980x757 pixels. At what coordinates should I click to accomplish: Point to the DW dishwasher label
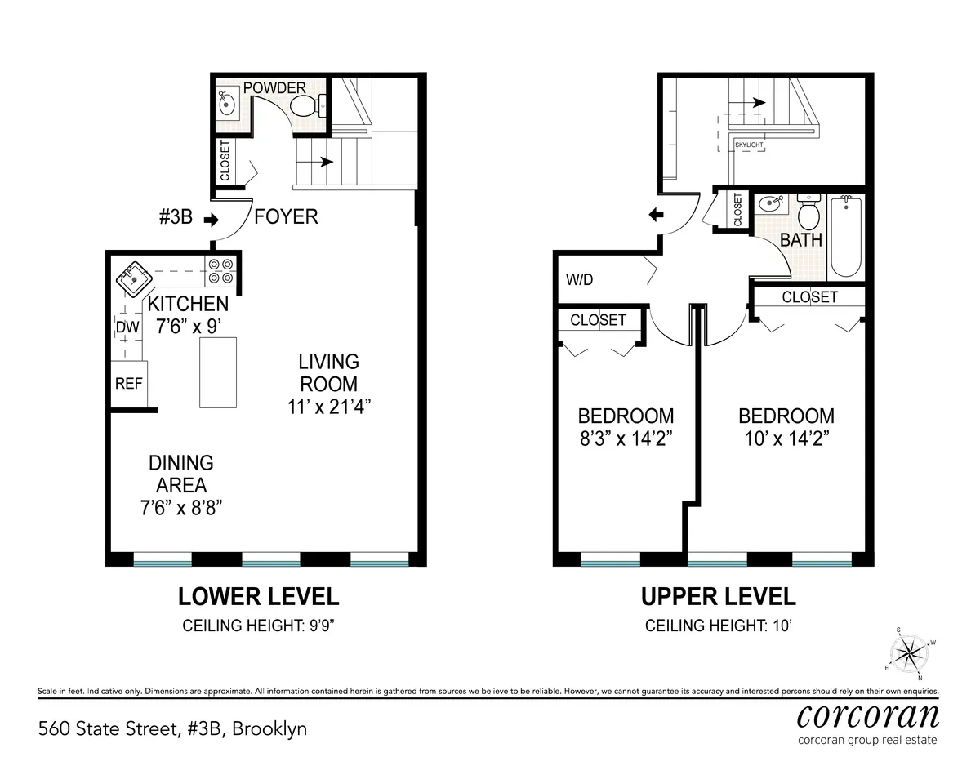point(124,327)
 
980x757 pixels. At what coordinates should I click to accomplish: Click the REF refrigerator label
point(128,383)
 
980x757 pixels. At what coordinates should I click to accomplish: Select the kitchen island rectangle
point(218,372)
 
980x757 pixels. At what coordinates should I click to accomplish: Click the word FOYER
point(286,218)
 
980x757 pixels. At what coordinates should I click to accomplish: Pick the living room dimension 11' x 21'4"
point(328,407)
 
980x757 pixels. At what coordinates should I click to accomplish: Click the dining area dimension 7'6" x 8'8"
point(181,506)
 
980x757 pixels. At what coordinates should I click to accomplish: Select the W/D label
point(579,279)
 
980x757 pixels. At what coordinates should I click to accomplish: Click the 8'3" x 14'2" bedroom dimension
point(626,439)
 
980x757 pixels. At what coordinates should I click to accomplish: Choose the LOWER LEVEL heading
point(258,597)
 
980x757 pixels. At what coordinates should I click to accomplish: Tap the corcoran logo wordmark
point(867,715)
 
